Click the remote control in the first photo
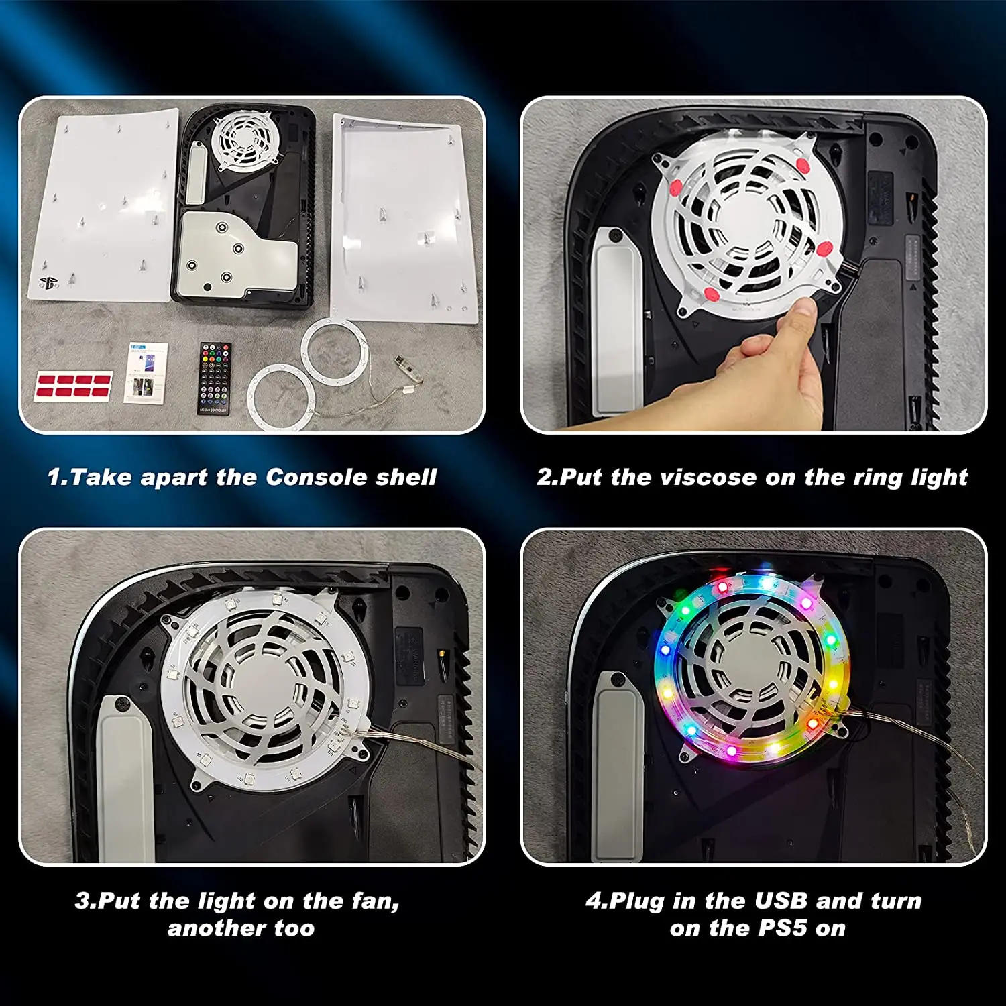pos(215,378)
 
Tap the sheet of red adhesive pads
pos(73,386)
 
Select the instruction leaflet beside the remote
pos(146,373)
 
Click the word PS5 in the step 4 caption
pos(783,928)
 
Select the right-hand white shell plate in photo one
pos(404,218)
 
